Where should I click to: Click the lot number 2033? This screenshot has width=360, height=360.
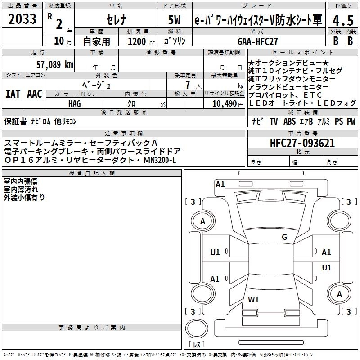(x=22, y=19)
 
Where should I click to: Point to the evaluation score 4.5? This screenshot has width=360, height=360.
(x=343, y=21)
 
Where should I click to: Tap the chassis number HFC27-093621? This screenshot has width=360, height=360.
(x=302, y=144)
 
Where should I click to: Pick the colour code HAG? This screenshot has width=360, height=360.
(x=74, y=103)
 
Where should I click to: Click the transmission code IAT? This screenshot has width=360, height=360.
(x=13, y=94)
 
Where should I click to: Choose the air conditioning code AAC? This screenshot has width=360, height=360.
(x=34, y=94)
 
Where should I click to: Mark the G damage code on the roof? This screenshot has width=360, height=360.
(x=284, y=237)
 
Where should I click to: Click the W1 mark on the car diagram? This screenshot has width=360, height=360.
(x=253, y=299)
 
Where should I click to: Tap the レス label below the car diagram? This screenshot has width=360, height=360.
(x=196, y=345)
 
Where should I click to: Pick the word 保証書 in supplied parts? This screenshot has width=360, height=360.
(x=15, y=121)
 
